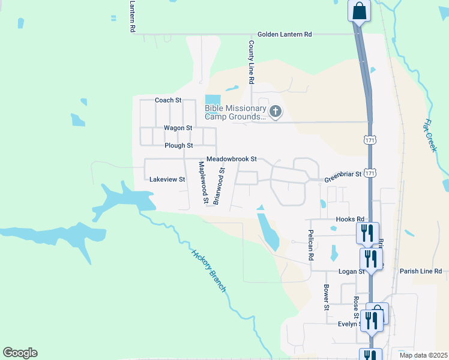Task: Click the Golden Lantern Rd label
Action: (x=285, y=35)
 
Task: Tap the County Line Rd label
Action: (x=252, y=62)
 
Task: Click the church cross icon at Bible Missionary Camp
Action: (x=276, y=110)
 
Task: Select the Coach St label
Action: (x=168, y=100)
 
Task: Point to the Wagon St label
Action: (x=178, y=128)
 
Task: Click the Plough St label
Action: (x=178, y=145)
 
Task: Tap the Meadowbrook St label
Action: (x=231, y=159)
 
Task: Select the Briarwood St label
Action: (x=219, y=187)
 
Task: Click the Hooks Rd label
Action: (x=351, y=219)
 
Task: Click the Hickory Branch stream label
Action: (x=209, y=271)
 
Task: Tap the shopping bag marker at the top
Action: (x=359, y=11)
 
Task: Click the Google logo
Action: (x=20, y=353)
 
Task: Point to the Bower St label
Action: (x=327, y=298)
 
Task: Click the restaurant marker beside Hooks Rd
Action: (x=367, y=232)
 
